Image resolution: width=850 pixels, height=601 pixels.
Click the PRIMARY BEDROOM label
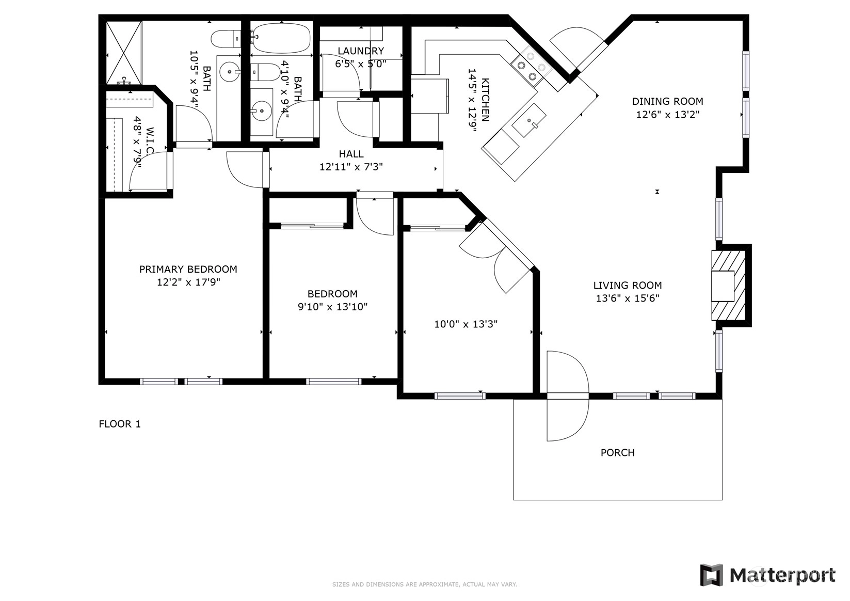(x=188, y=270)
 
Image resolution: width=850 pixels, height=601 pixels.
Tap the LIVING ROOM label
(x=627, y=286)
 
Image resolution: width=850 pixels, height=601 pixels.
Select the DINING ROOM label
(x=667, y=101)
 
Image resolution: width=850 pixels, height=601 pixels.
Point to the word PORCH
(x=617, y=452)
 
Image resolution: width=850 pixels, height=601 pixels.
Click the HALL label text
(x=351, y=154)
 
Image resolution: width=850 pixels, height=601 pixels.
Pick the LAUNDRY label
(x=361, y=51)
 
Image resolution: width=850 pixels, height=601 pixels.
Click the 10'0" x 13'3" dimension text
(x=466, y=324)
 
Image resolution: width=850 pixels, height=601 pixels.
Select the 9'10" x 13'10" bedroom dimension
(x=332, y=306)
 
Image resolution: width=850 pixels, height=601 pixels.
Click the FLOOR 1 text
(x=120, y=424)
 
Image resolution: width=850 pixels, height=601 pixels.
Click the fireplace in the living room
(x=729, y=286)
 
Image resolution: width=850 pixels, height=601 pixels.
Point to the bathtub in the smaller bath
(x=282, y=38)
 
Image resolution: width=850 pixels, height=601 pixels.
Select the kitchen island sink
(x=530, y=120)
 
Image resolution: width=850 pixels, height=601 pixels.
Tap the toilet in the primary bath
(x=226, y=39)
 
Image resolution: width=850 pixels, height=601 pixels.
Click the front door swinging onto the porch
(x=567, y=396)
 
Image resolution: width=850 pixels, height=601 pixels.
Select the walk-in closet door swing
(x=148, y=171)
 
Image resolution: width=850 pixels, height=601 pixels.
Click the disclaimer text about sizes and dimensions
(x=425, y=584)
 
